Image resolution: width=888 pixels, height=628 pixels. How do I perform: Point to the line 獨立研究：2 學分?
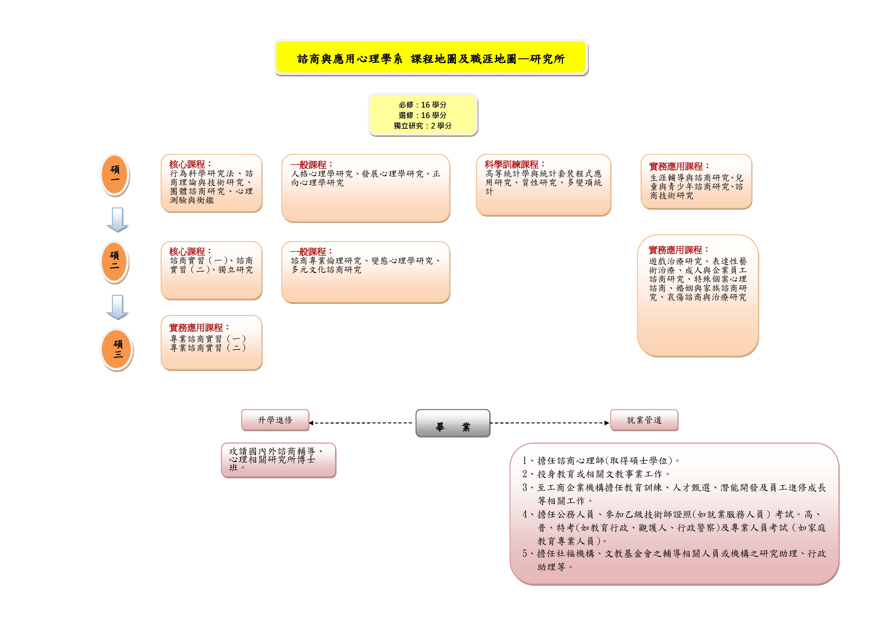pyautogui.click(x=423, y=126)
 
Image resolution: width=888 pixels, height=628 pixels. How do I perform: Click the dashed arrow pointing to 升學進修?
pyautogui.click(x=362, y=423)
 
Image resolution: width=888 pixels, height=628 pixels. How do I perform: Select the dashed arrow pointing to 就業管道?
pyautogui.click(x=549, y=423)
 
